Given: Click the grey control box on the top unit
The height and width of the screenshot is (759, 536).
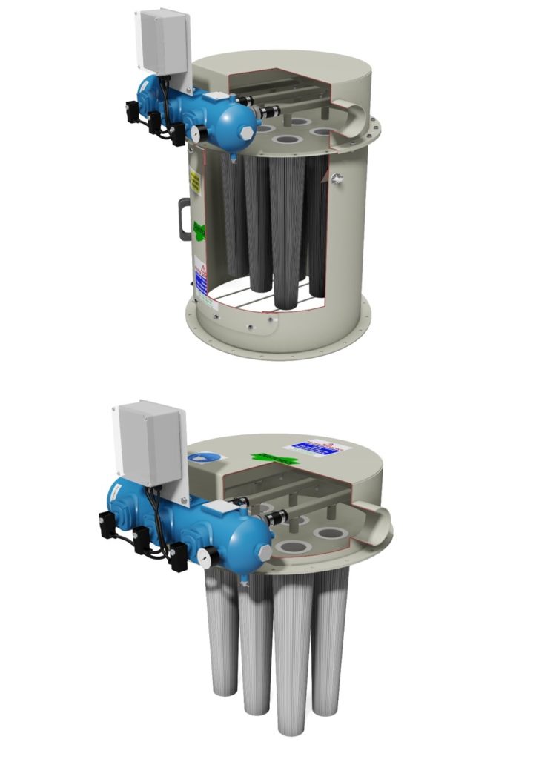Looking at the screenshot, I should pos(162,41).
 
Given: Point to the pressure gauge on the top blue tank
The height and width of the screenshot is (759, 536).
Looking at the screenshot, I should pos(198,133).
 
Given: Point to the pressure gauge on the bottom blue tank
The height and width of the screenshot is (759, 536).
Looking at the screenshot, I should pos(203,555).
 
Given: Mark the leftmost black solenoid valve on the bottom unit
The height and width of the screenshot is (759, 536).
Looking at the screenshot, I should pos(105,526).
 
